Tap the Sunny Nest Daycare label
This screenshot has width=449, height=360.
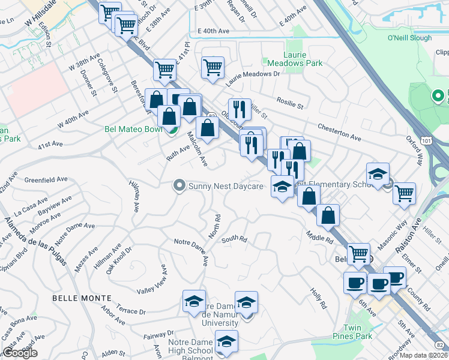[x=226, y=186]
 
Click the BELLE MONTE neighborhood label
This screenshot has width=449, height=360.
[x=82, y=298]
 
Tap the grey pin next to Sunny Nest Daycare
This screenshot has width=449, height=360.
[x=178, y=186]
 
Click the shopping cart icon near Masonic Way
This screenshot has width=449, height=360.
[x=405, y=193]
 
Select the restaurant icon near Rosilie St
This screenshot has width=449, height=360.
[x=240, y=109]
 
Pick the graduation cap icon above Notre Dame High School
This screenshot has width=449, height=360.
[x=226, y=341]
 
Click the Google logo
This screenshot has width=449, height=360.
[x=20, y=353]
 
